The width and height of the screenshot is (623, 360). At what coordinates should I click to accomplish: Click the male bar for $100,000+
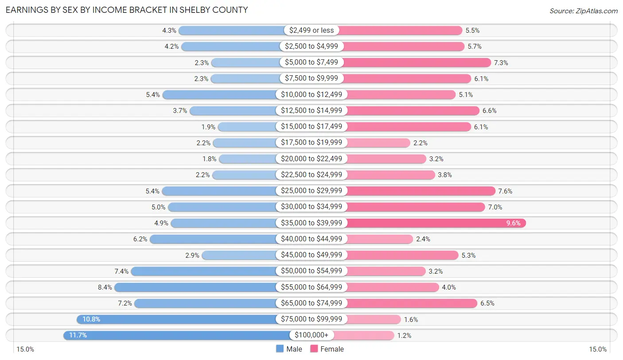click(x=177, y=335)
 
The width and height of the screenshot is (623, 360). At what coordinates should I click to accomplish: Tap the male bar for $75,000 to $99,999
click(x=177, y=319)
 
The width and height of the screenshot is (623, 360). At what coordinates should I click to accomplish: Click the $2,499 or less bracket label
click(x=311, y=31)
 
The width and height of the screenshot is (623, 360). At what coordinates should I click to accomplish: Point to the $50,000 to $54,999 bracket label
click(x=311, y=271)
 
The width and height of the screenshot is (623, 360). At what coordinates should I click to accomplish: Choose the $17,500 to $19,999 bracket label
click(x=311, y=143)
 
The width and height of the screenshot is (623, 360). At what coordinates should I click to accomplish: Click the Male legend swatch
click(x=280, y=349)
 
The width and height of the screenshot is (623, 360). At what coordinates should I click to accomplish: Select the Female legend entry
click(x=327, y=349)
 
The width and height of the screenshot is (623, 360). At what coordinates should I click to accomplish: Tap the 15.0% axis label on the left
click(x=25, y=349)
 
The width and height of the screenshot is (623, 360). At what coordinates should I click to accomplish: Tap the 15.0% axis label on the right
click(x=597, y=349)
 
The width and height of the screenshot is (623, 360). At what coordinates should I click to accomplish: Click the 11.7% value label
click(x=78, y=335)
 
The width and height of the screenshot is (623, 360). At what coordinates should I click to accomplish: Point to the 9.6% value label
click(x=514, y=223)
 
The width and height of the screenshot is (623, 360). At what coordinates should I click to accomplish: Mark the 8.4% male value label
click(x=105, y=287)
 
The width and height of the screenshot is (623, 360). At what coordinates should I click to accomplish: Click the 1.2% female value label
click(x=404, y=335)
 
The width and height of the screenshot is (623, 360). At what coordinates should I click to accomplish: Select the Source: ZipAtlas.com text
click(x=583, y=11)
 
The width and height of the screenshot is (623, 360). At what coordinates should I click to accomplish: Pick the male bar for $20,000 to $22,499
click(x=248, y=159)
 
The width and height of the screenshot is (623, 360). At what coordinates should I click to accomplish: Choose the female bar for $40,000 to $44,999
click(x=379, y=239)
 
